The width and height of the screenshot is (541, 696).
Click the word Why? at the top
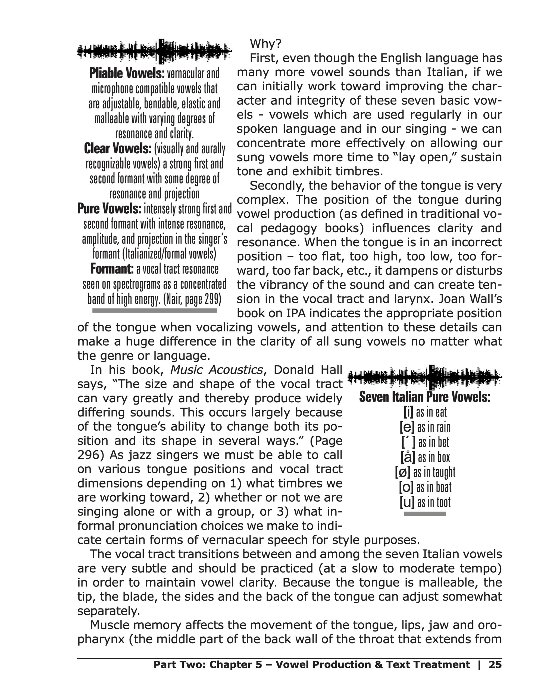click(265, 44)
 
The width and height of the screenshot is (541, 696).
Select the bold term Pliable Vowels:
click(127, 74)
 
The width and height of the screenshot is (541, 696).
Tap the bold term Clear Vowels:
click(117, 149)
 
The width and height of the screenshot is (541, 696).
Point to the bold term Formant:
click(112, 269)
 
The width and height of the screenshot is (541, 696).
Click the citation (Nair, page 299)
click(192, 299)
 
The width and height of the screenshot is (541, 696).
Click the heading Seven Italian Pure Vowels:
click(424, 397)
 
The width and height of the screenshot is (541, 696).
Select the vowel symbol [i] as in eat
click(408, 412)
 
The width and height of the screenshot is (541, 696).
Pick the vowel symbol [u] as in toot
click(407, 503)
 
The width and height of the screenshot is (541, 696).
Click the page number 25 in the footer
click(495, 664)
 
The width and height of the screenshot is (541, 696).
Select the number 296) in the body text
click(91, 455)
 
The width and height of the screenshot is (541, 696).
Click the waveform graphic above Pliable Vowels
click(154, 51)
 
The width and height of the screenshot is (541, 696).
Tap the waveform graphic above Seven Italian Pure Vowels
click(424, 377)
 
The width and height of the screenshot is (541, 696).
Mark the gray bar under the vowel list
click(424, 514)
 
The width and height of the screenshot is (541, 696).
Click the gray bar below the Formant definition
click(154, 310)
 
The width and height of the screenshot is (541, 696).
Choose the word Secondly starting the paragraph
click(276, 186)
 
